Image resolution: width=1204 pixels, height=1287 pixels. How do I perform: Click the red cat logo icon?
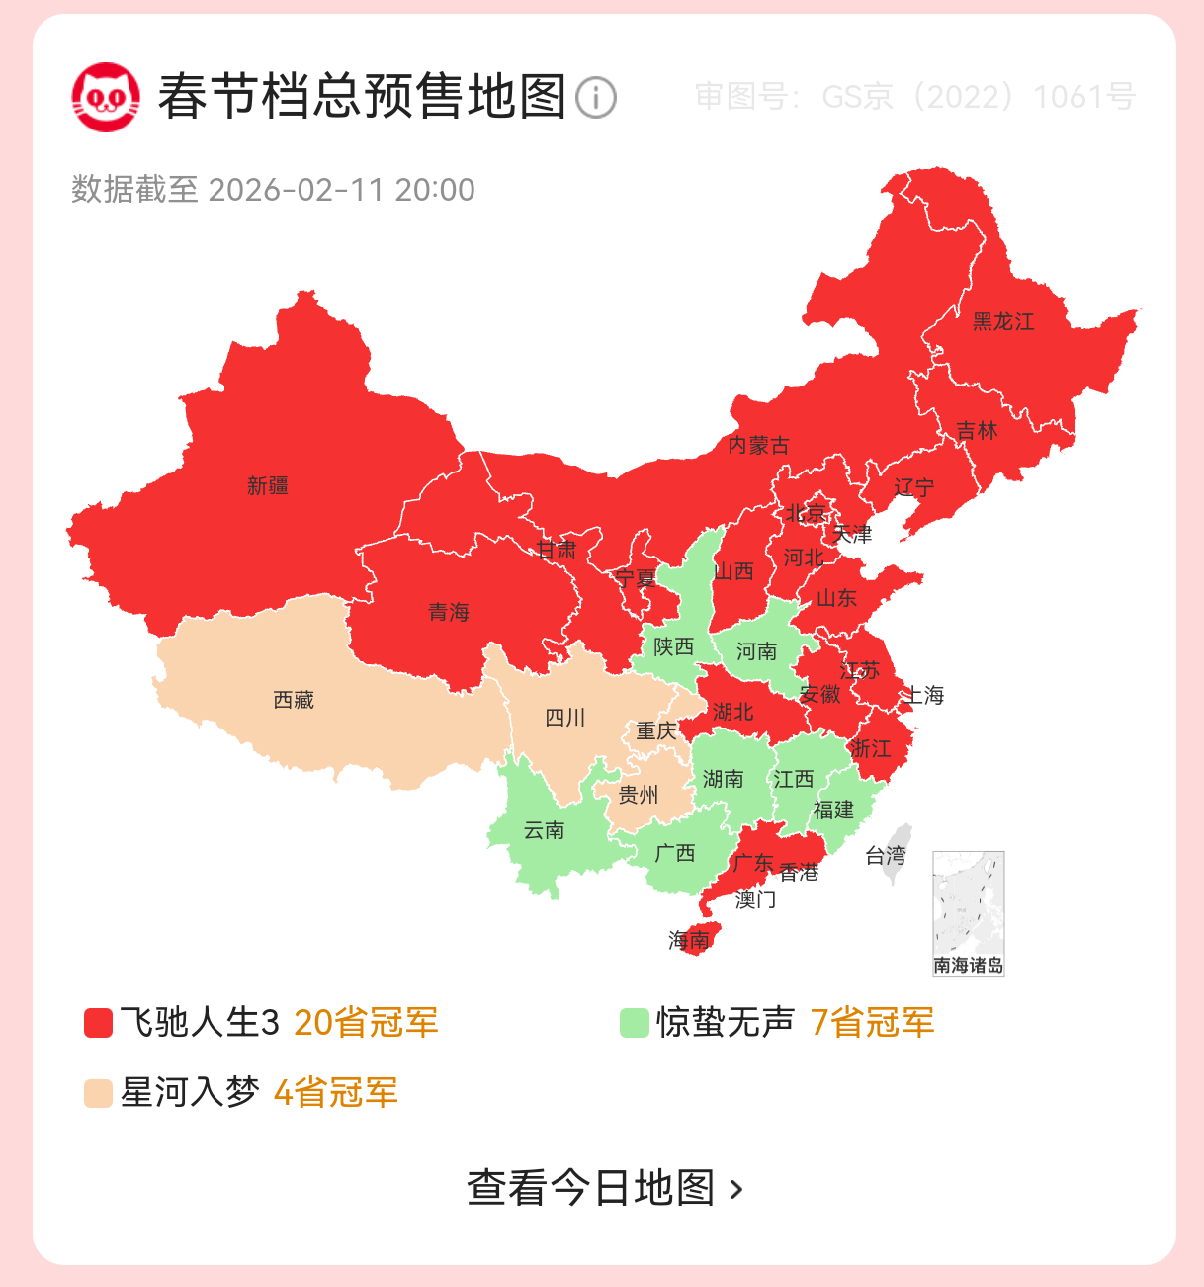(x=105, y=97)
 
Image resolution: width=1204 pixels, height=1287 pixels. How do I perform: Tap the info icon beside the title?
(x=596, y=98)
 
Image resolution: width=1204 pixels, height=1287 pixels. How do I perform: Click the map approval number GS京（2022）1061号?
(x=914, y=97)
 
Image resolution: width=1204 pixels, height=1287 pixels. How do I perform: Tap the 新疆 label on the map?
(x=268, y=485)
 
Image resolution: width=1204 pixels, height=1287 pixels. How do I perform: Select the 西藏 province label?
(x=294, y=700)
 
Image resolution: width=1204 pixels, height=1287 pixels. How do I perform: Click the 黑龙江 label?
(x=1003, y=321)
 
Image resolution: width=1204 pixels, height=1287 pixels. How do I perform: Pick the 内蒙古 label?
(x=758, y=445)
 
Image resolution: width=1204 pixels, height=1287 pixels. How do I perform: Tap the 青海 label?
(x=449, y=613)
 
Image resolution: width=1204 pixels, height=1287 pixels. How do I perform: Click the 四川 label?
(x=565, y=718)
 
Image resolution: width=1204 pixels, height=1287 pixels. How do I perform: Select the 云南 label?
(x=544, y=830)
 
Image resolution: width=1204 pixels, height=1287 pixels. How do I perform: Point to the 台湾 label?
(x=886, y=855)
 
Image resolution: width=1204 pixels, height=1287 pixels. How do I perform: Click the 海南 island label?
(x=689, y=939)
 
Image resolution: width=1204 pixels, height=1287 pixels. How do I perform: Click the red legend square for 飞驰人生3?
(x=98, y=1023)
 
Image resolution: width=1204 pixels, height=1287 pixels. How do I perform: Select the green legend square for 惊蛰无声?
(x=634, y=1023)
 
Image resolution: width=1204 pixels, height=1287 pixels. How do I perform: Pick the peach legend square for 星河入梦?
(x=98, y=1093)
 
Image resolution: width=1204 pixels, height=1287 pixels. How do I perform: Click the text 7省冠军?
(x=872, y=1023)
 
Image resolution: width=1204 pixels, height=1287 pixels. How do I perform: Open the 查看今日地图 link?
(x=604, y=1187)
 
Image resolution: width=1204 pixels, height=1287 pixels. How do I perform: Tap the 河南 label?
(x=756, y=651)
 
